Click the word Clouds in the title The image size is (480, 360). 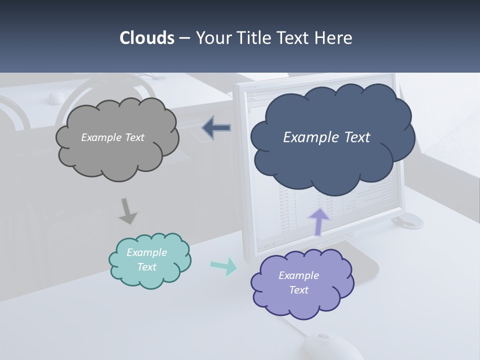click(x=147, y=38)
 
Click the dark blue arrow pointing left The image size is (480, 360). click(x=217, y=128)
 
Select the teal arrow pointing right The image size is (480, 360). click(x=224, y=266)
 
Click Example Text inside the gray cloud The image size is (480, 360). click(x=112, y=137)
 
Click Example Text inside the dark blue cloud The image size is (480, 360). click(x=326, y=137)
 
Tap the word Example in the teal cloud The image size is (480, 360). click(x=146, y=252)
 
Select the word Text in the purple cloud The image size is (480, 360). click(x=298, y=290)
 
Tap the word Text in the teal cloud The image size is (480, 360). click(x=146, y=267)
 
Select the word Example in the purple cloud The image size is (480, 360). click(x=298, y=275)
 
